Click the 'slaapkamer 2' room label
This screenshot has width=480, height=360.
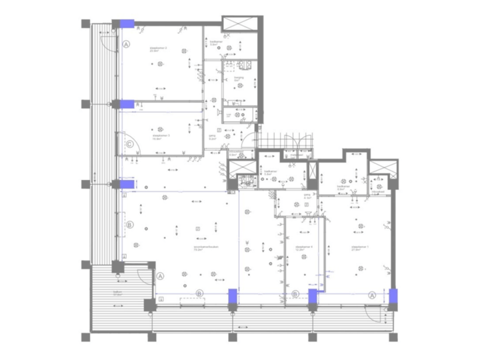coord(157,49)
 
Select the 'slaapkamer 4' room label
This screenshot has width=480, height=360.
coord(303,246)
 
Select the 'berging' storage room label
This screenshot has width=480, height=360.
coord(239,77)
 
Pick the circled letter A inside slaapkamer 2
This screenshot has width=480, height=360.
coord(127,45)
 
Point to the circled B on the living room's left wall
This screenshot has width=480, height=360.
coord(129,225)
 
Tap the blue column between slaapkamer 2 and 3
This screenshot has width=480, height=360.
coord(127,104)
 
